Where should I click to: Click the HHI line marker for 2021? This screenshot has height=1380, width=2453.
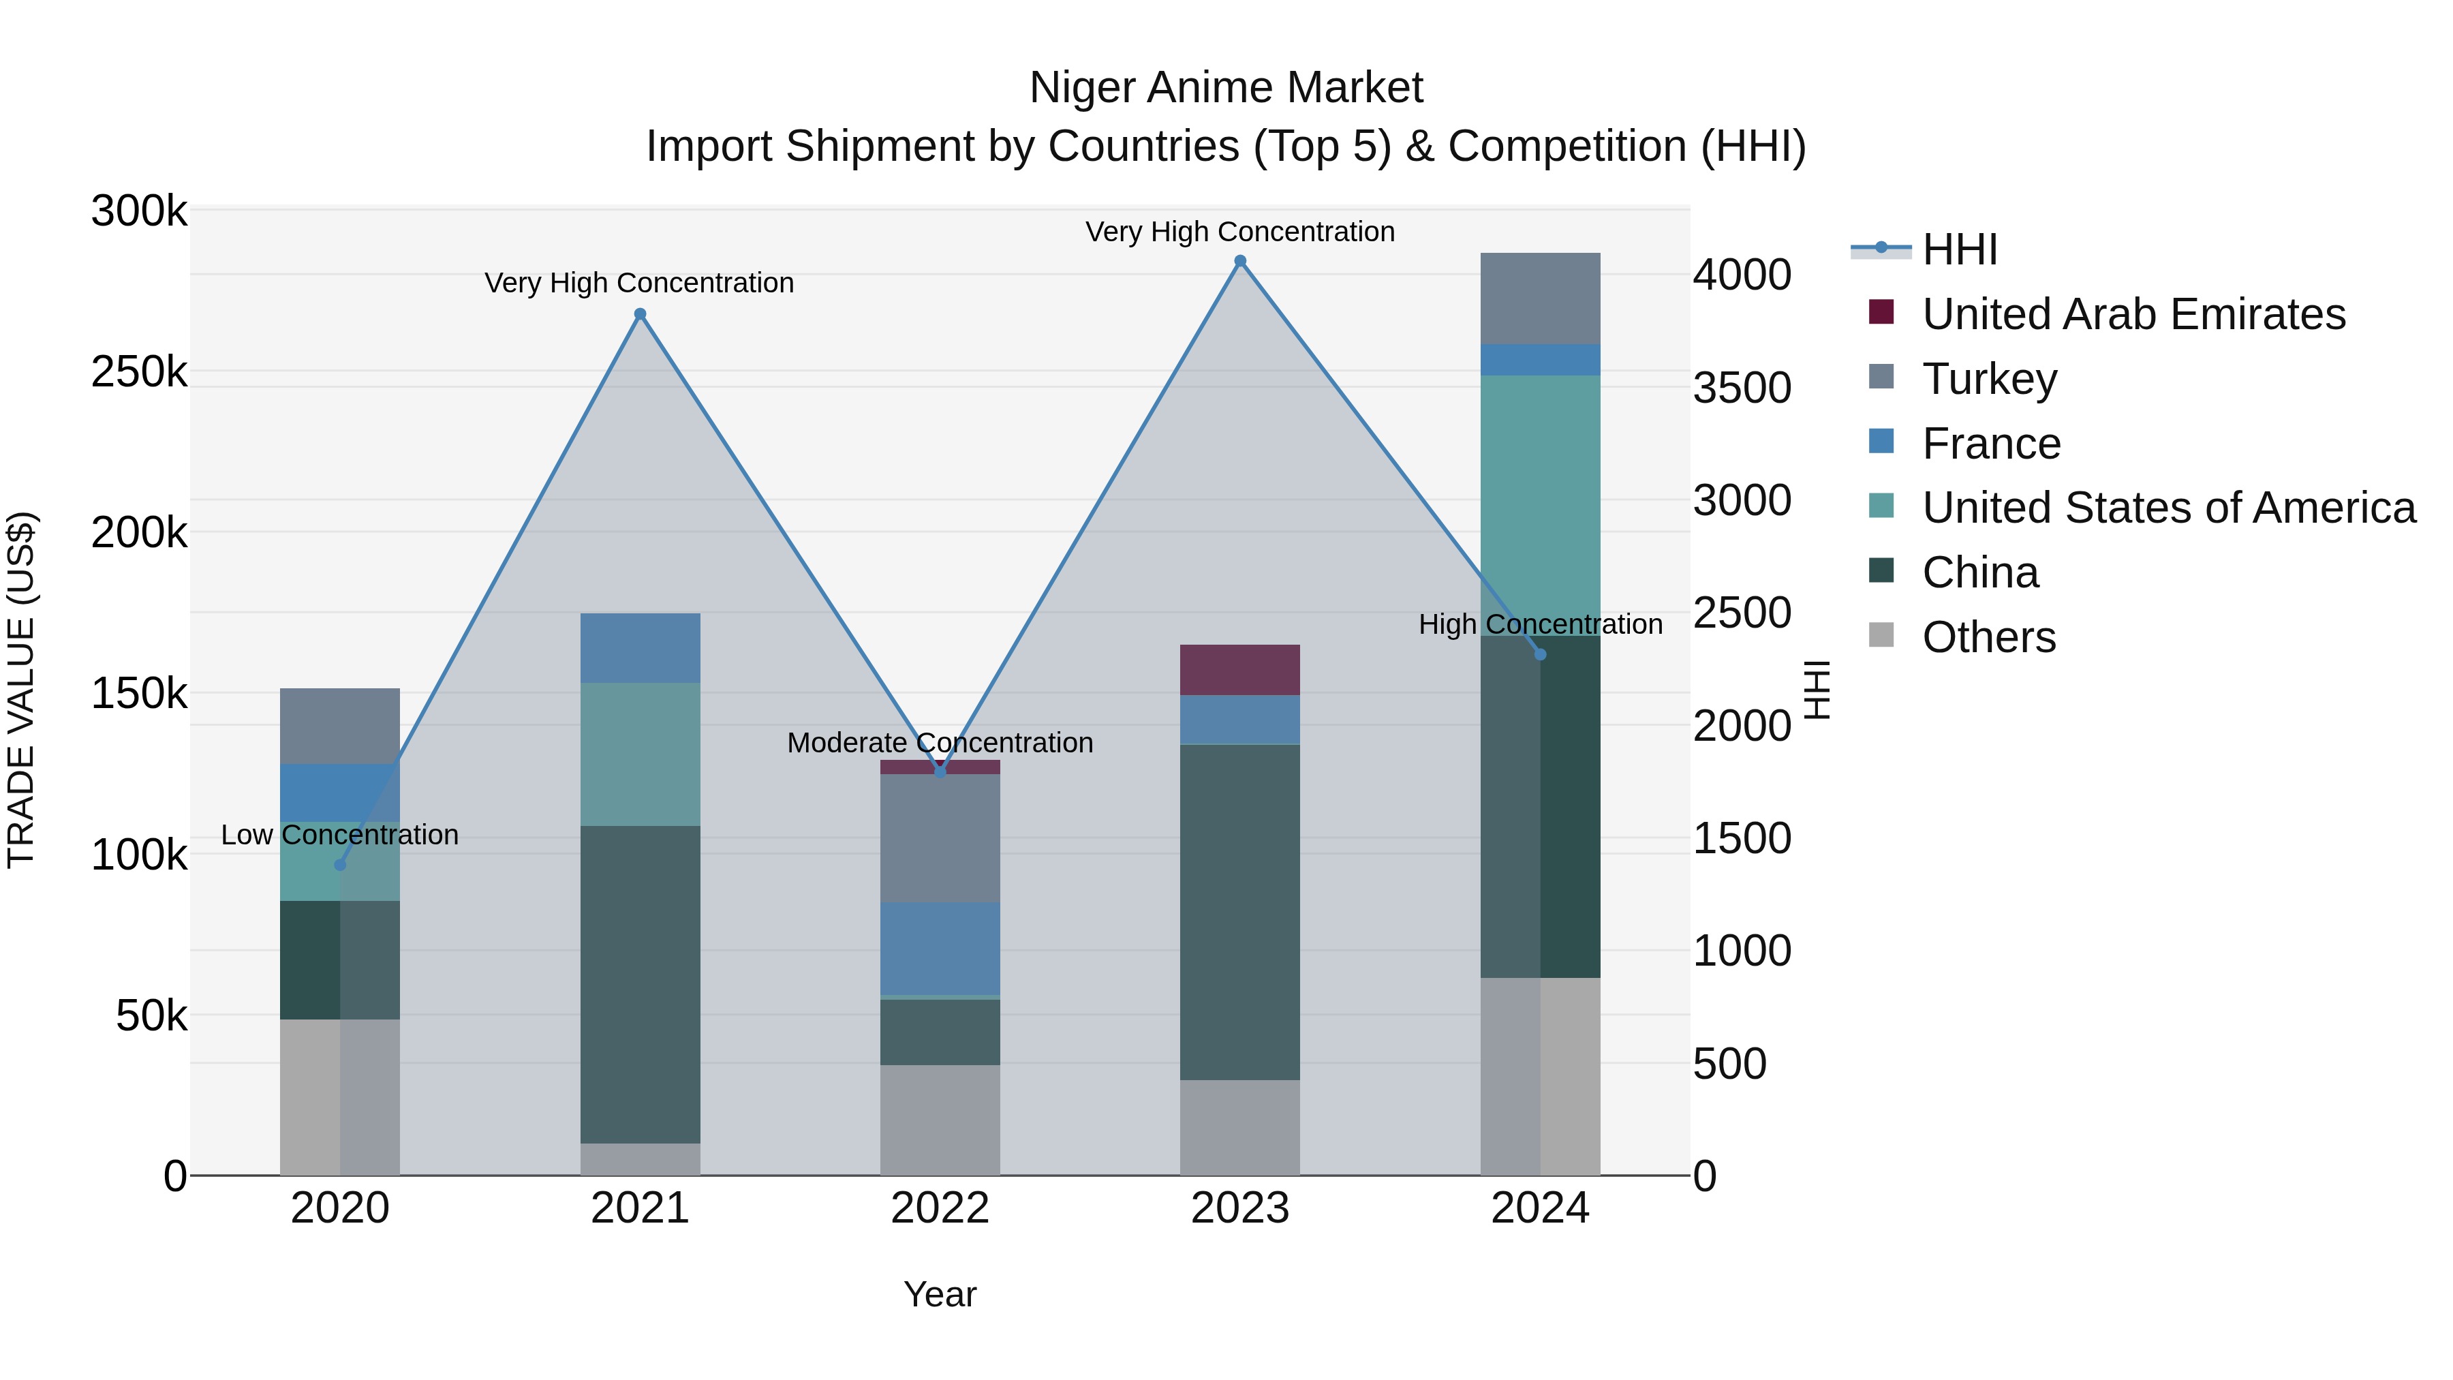(640, 314)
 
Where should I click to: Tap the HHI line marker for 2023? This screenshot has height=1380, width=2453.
(1240, 261)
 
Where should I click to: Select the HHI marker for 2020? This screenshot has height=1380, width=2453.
(340, 865)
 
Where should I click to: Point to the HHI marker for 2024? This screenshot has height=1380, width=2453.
(1541, 654)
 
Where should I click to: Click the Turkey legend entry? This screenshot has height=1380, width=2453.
(1988, 379)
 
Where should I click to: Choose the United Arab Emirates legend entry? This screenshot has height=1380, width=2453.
(2133, 314)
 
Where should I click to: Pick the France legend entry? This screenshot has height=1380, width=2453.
(1990, 444)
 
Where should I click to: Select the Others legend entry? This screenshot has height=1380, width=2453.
(1988, 637)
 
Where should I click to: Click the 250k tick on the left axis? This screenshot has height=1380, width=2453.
(139, 371)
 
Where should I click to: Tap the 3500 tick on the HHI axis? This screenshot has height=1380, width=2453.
(1742, 388)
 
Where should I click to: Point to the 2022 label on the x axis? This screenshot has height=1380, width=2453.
(940, 1208)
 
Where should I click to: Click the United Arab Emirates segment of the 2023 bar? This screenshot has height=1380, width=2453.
(1240, 669)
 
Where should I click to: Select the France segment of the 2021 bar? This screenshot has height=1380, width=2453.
(640, 647)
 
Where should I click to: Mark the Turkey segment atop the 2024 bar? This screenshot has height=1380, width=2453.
(1540, 298)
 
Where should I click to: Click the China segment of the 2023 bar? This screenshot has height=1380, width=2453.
(1240, 911)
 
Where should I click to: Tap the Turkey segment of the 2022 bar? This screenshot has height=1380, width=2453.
(940, 838)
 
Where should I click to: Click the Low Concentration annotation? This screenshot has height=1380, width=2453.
(340, 835)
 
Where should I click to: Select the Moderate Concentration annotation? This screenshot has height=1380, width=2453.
(940, 743)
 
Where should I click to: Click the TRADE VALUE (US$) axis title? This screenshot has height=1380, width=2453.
(21, 690)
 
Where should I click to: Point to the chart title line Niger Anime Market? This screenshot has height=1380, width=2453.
(1226, 88)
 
